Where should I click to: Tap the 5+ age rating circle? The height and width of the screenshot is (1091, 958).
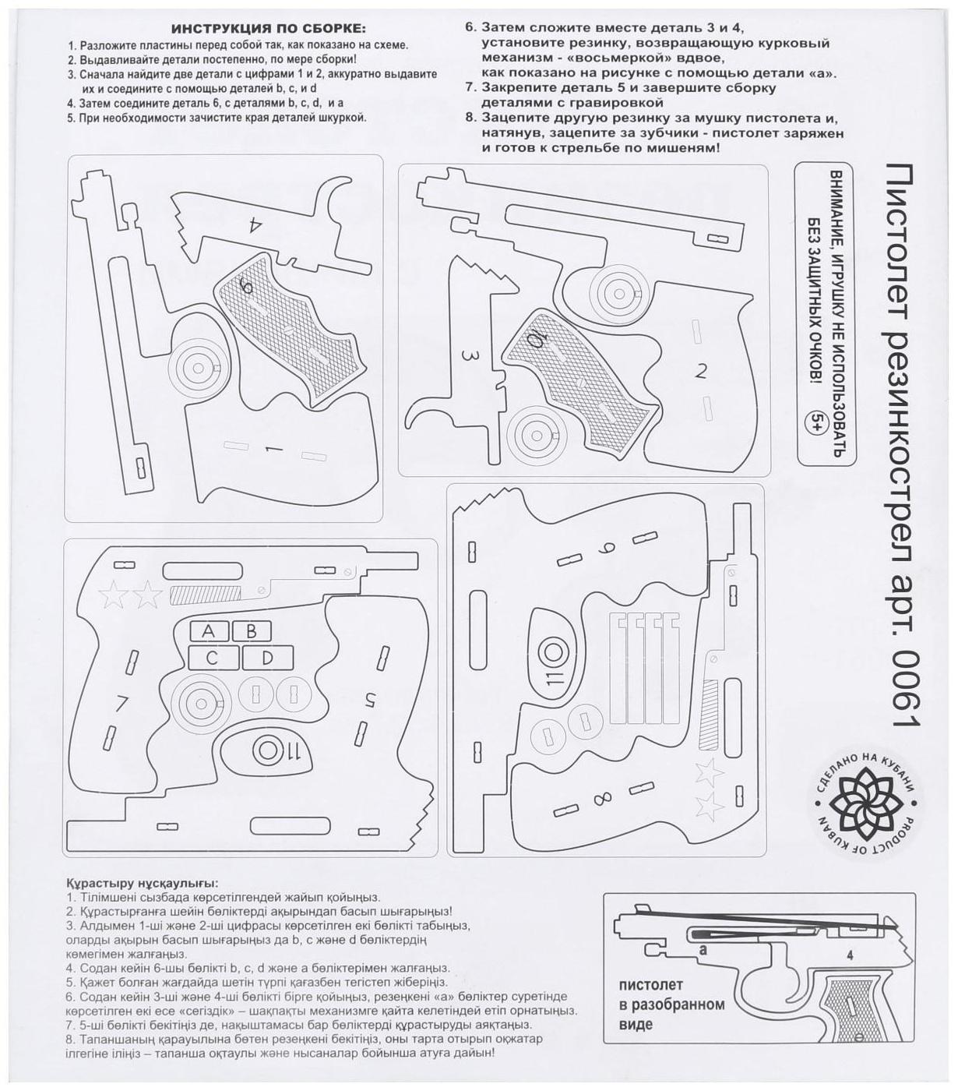(819, 422)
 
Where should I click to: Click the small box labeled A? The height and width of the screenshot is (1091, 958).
(208, 630)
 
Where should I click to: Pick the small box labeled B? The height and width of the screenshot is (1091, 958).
(252, 630)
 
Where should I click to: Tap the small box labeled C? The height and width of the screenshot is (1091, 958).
(212, 658)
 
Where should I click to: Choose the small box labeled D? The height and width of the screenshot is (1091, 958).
(267, 658)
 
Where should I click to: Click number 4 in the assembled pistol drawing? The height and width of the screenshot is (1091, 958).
(850, 955)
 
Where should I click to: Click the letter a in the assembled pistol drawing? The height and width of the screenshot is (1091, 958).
(703, 950)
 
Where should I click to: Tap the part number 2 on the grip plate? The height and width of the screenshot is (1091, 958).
(700, 372)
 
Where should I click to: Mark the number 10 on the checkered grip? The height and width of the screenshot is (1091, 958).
(536, 340)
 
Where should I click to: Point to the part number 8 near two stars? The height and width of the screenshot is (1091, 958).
(601, 800)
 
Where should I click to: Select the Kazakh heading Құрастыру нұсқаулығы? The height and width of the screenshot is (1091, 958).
(143, 884)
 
